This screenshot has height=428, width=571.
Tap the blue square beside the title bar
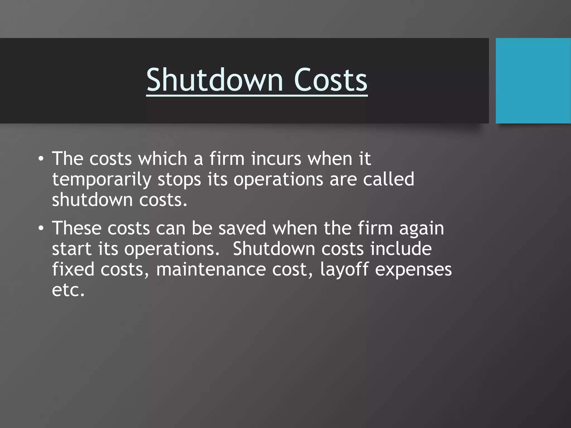[533, 81]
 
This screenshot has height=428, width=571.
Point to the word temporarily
[102, 180]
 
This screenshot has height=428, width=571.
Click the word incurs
[276, 159]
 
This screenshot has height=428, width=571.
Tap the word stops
[179, 180]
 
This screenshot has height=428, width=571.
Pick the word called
[388, 179]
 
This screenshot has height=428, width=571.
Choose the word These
[77, 228]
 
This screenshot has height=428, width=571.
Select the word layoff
[344, 270]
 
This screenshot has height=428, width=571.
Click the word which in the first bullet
[163, 159]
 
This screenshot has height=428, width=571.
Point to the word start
[72, 249]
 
